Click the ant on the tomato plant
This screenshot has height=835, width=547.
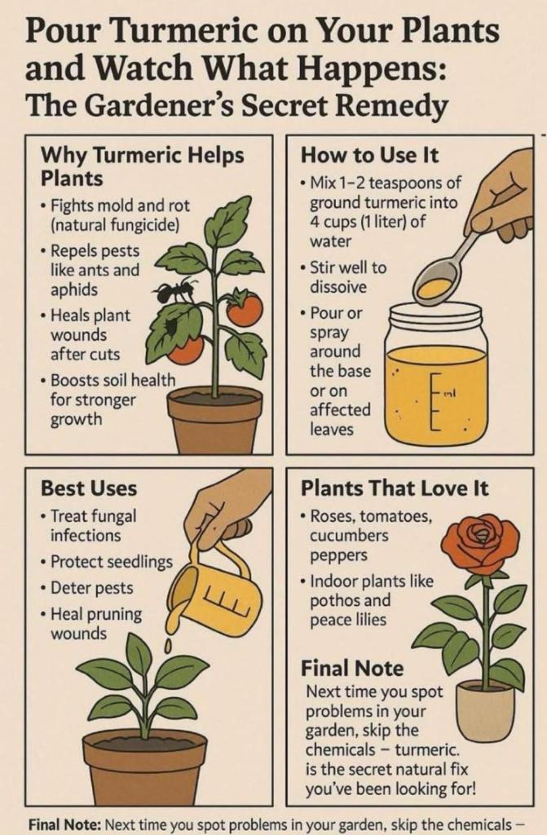170,290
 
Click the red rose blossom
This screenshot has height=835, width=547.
479,543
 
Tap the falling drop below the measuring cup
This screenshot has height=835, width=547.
168,647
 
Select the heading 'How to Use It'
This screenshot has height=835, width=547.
369,156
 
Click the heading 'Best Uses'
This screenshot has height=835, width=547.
88,488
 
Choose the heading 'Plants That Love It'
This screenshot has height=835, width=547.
394,488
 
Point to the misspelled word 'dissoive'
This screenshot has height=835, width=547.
338,286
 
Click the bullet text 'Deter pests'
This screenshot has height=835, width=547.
91,588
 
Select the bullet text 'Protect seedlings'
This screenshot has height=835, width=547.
112,562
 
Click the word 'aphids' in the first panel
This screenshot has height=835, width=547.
74,289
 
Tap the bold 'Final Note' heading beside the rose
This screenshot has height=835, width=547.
352,669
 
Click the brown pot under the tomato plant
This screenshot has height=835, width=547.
214,421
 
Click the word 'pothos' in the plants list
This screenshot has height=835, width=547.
336,601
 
